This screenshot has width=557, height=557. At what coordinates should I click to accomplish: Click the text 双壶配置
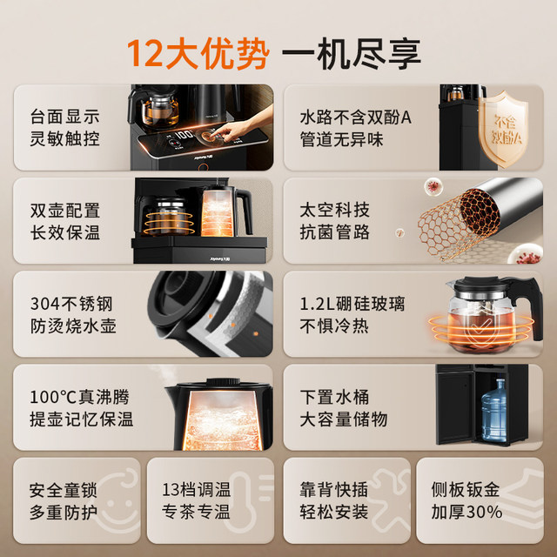coord(64,210)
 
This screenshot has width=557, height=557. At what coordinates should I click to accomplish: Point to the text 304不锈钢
coord(70,304)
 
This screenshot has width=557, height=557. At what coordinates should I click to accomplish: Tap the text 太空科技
coord(335,210)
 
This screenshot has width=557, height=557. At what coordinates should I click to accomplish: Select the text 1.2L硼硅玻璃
coord(352,304)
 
